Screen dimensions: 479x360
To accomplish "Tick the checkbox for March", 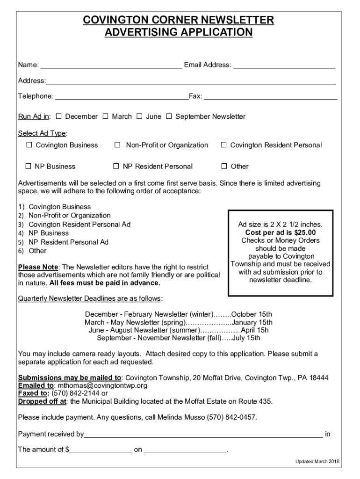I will tap(105, 116).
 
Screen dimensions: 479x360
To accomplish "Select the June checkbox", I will tap(139, 116).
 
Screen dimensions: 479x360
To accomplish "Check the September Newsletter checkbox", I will tap(169, 116).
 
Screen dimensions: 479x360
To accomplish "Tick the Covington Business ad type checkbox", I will tap(29, 145).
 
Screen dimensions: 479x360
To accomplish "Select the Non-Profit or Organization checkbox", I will tap(118, 145).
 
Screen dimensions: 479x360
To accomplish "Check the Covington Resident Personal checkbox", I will tap(224, 145).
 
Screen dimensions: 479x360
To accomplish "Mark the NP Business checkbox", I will tap(28, 166).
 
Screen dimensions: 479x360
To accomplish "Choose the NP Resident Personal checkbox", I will tap(116, 166).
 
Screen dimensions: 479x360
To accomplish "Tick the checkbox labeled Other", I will tap(224, 166).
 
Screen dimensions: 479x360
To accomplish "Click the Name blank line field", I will tap(111, 65).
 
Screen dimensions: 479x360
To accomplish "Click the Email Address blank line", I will tap(284, 65).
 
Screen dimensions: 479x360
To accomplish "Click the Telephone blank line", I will tap(121, 97).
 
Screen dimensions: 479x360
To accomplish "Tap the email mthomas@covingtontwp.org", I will tap(102, 386).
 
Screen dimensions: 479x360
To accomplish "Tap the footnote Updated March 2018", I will tap(317, 462).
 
